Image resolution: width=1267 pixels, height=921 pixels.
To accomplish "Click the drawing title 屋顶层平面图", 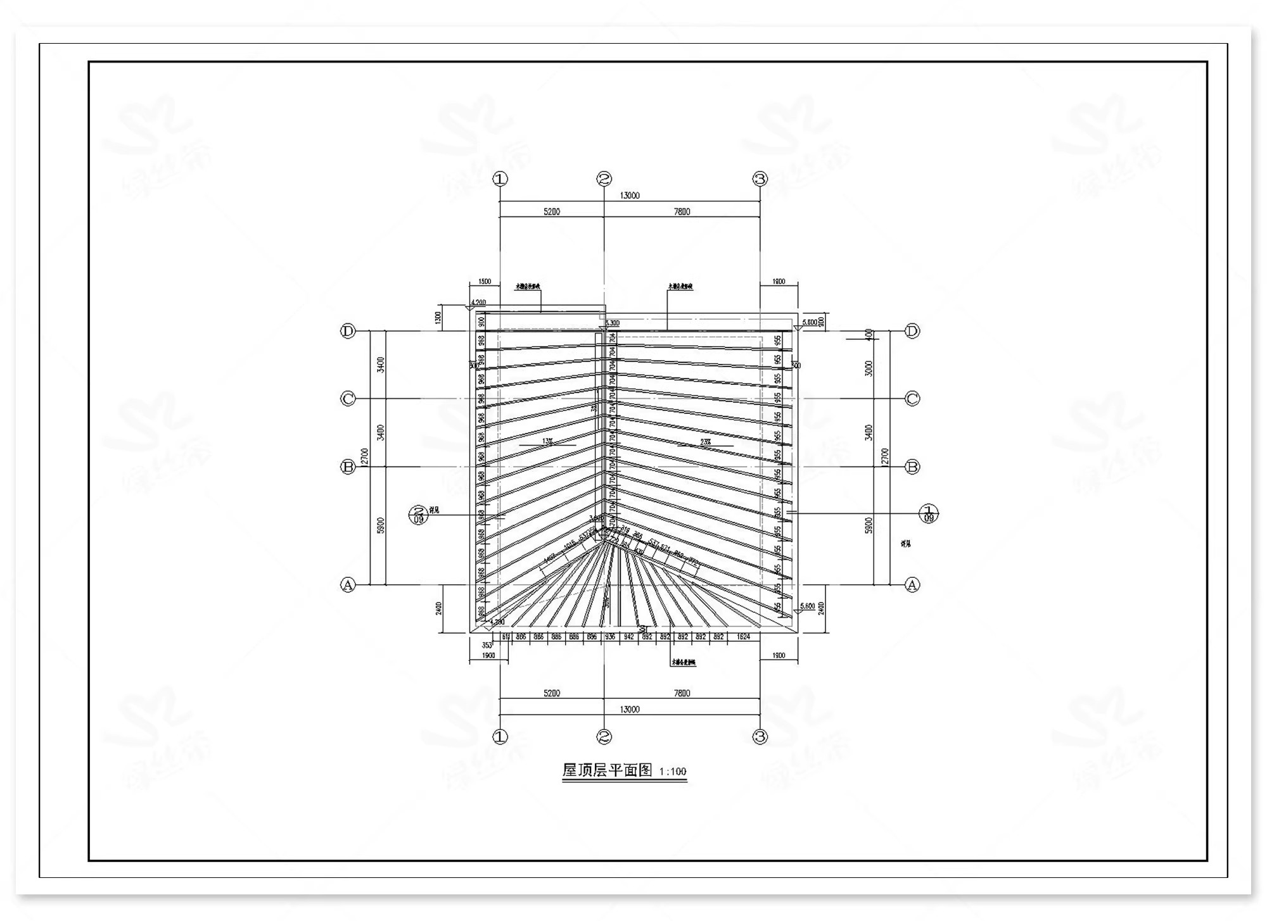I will (607, 770).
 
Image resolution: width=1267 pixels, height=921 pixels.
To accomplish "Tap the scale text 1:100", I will (672, 772).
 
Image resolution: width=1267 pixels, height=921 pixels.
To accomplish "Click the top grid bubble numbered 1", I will (500, 179).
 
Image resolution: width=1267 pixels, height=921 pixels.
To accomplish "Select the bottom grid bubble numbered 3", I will (760, 737).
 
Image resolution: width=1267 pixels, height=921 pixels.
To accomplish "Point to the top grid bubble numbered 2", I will (604, 179).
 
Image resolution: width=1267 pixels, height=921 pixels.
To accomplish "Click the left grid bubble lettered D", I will (348, 331).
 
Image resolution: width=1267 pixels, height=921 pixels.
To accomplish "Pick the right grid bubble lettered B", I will (912, 467).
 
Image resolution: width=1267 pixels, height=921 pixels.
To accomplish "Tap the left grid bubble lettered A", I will (348, 585).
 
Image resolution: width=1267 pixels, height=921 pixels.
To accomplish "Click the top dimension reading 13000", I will (629, 196).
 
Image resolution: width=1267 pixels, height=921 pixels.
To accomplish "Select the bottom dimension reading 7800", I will (682, 693).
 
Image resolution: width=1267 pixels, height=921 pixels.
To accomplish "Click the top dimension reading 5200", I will (552, 211).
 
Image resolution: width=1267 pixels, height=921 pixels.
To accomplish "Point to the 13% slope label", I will (547, 442).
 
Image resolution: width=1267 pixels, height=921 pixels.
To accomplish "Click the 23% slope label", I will (705, 442).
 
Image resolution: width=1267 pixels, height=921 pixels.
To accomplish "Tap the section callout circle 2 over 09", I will (418, 515).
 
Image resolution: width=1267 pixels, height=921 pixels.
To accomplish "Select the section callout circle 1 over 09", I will (929, 513).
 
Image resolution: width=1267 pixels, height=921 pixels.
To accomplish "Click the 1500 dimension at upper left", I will (485, 282).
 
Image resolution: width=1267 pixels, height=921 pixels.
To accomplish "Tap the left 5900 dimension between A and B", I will (381, 525).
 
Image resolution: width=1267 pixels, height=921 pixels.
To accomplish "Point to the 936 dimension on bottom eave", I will (609, 637).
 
